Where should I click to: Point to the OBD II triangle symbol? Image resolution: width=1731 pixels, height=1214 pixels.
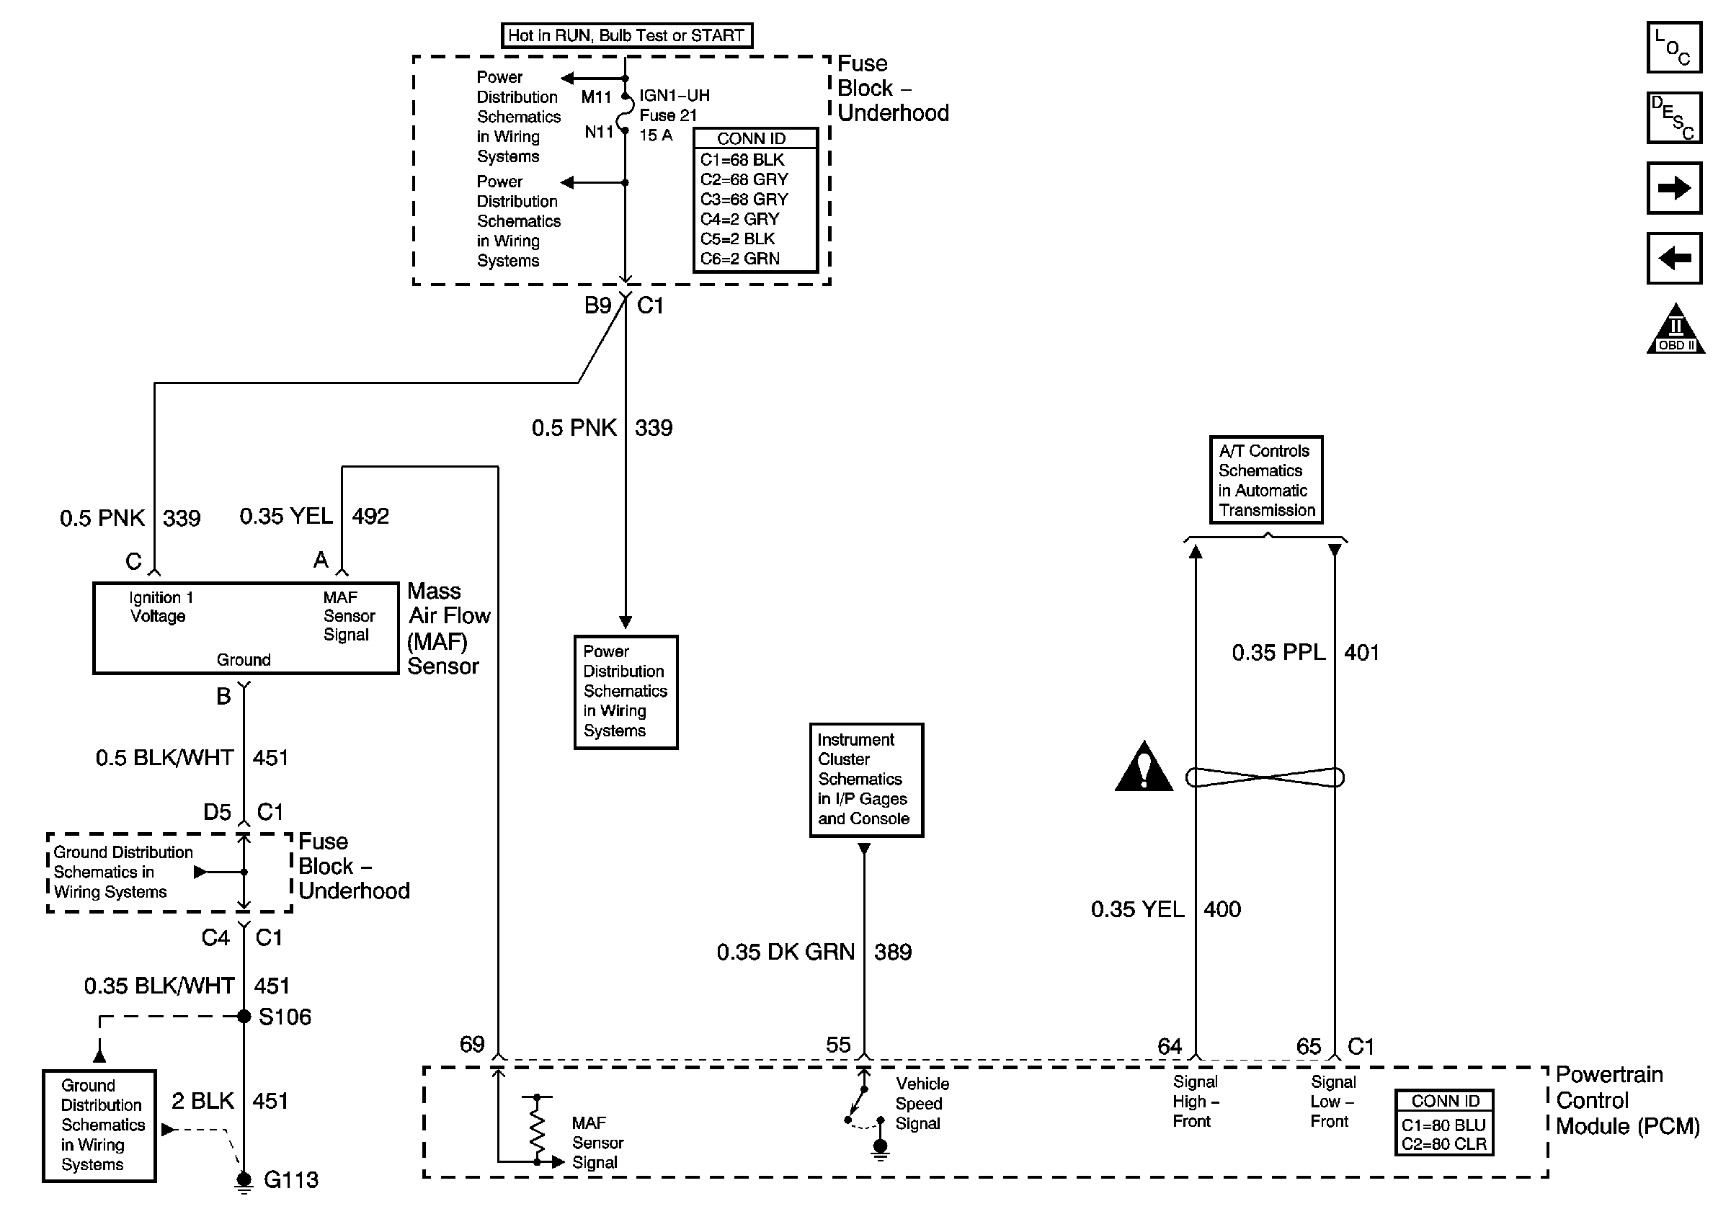(1676, 329)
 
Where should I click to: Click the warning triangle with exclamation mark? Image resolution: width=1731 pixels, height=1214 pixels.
(1144, 767)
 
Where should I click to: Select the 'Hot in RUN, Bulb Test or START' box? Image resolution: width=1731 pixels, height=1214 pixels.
(626, 35)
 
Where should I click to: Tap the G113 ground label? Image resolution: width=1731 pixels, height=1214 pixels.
(291, 1179)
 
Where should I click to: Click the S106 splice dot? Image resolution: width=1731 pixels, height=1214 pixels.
(244, 1017)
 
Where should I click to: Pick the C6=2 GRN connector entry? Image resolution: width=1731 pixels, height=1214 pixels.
(739, 259)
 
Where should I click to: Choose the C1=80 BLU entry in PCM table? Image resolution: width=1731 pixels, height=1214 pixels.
(1443, 1125)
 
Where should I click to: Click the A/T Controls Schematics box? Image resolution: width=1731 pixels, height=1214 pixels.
(1266, 480)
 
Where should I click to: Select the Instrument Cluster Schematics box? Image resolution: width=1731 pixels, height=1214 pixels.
(866, 780)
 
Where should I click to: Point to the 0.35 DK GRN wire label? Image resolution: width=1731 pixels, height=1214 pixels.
(786, 952)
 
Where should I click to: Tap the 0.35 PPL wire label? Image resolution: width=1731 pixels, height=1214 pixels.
(1278, 652)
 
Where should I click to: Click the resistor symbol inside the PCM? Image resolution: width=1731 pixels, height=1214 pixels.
(537, 1128)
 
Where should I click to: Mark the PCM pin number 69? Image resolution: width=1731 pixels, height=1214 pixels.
(472, 1045)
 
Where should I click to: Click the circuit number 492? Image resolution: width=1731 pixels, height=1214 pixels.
(371, 516)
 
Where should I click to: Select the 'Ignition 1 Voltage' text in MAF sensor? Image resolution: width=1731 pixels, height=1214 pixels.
(161, 607)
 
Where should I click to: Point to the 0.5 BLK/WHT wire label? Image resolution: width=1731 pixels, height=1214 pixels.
(164, 757)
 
